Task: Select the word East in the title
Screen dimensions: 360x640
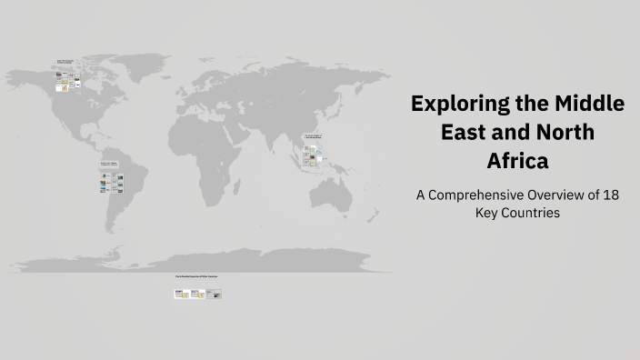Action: pyautogui.click(x=465, y=133)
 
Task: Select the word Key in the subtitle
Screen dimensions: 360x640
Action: pyautogui.click(x=488, y=215)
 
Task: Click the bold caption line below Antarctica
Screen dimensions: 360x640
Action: pyautogui.click(x=196, y=275)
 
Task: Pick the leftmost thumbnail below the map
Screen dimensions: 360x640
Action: pyautogui.click(x=180, y=294)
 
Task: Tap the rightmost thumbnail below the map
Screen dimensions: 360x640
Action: pyautogui.click(x=214, y=294)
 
